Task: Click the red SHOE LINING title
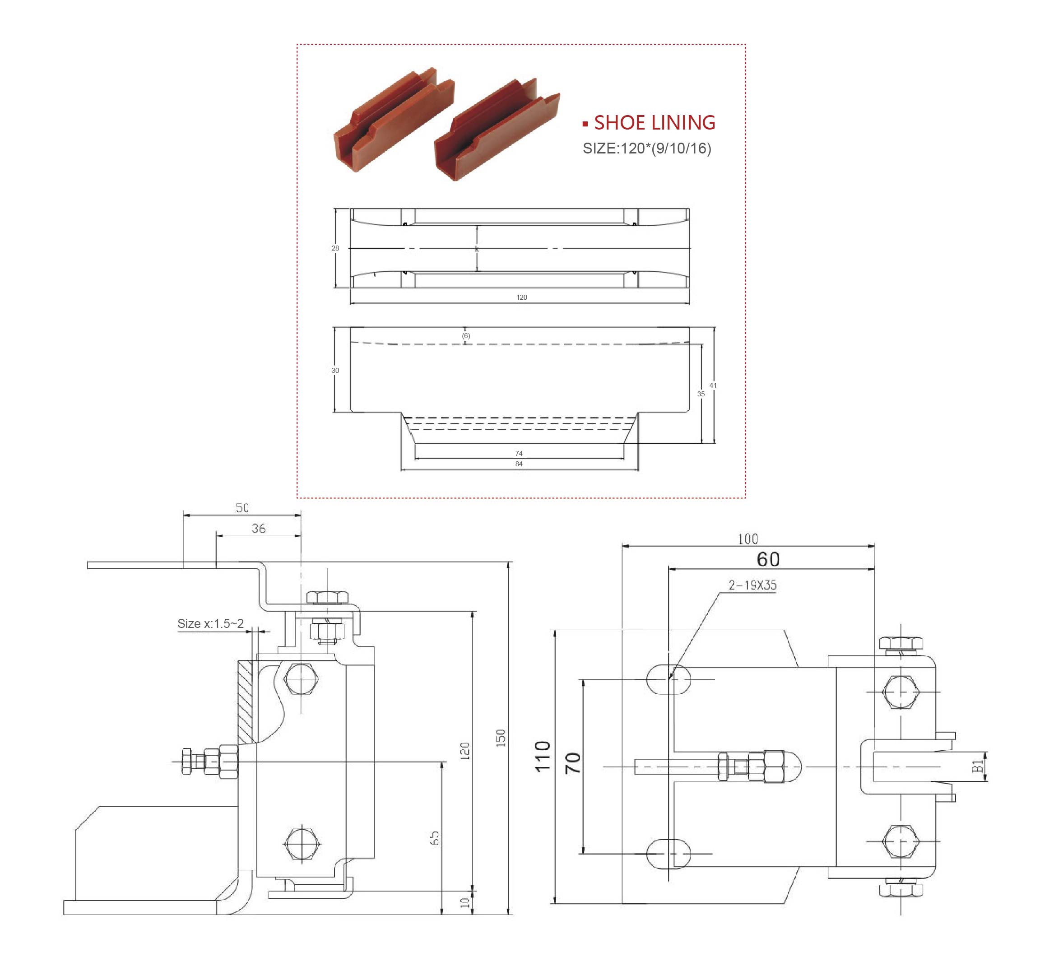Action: point(654,123)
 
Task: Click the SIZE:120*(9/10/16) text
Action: point(646,149)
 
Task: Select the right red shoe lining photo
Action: point(497,130)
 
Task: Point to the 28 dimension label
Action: point(335,248)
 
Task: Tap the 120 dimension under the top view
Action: point(521,297)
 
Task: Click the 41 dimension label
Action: point(713,385)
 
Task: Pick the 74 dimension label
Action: point(519,453)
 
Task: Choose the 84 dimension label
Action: point(519,464)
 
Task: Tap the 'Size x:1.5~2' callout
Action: point(210,624)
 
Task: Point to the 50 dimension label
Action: point(242,507)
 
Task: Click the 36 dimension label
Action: point(258,529)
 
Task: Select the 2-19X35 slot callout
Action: point(752,585)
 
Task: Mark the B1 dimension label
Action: point(977,766)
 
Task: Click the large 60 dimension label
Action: point(768,559)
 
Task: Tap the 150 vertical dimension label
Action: point(500,738)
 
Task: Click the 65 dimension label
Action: point(434,838)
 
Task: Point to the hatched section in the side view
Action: point(245,702)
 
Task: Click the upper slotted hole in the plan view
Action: point(668,679)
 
